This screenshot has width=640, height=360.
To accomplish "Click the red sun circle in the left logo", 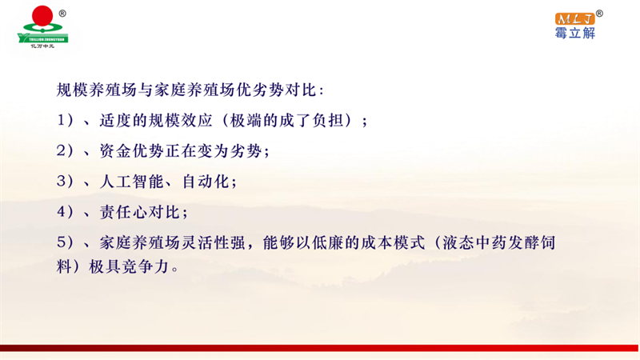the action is (42, 16).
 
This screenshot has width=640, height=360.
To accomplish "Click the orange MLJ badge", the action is (574, 18).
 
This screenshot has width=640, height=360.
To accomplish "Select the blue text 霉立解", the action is (575, 33).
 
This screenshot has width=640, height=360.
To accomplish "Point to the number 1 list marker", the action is (62, 121).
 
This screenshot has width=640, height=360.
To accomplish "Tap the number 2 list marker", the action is (62, 150).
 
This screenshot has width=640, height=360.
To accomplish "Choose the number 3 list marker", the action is (62, 182).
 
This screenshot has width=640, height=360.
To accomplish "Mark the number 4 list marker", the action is (62, 212).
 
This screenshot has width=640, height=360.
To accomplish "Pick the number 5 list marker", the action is (62, 242).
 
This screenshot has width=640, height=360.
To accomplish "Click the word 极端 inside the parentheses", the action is (246, 121).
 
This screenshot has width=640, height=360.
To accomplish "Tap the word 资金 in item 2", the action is (115, 151).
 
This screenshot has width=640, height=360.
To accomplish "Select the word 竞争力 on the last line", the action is (146, 267).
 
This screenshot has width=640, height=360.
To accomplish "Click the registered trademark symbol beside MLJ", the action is (599, 14).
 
